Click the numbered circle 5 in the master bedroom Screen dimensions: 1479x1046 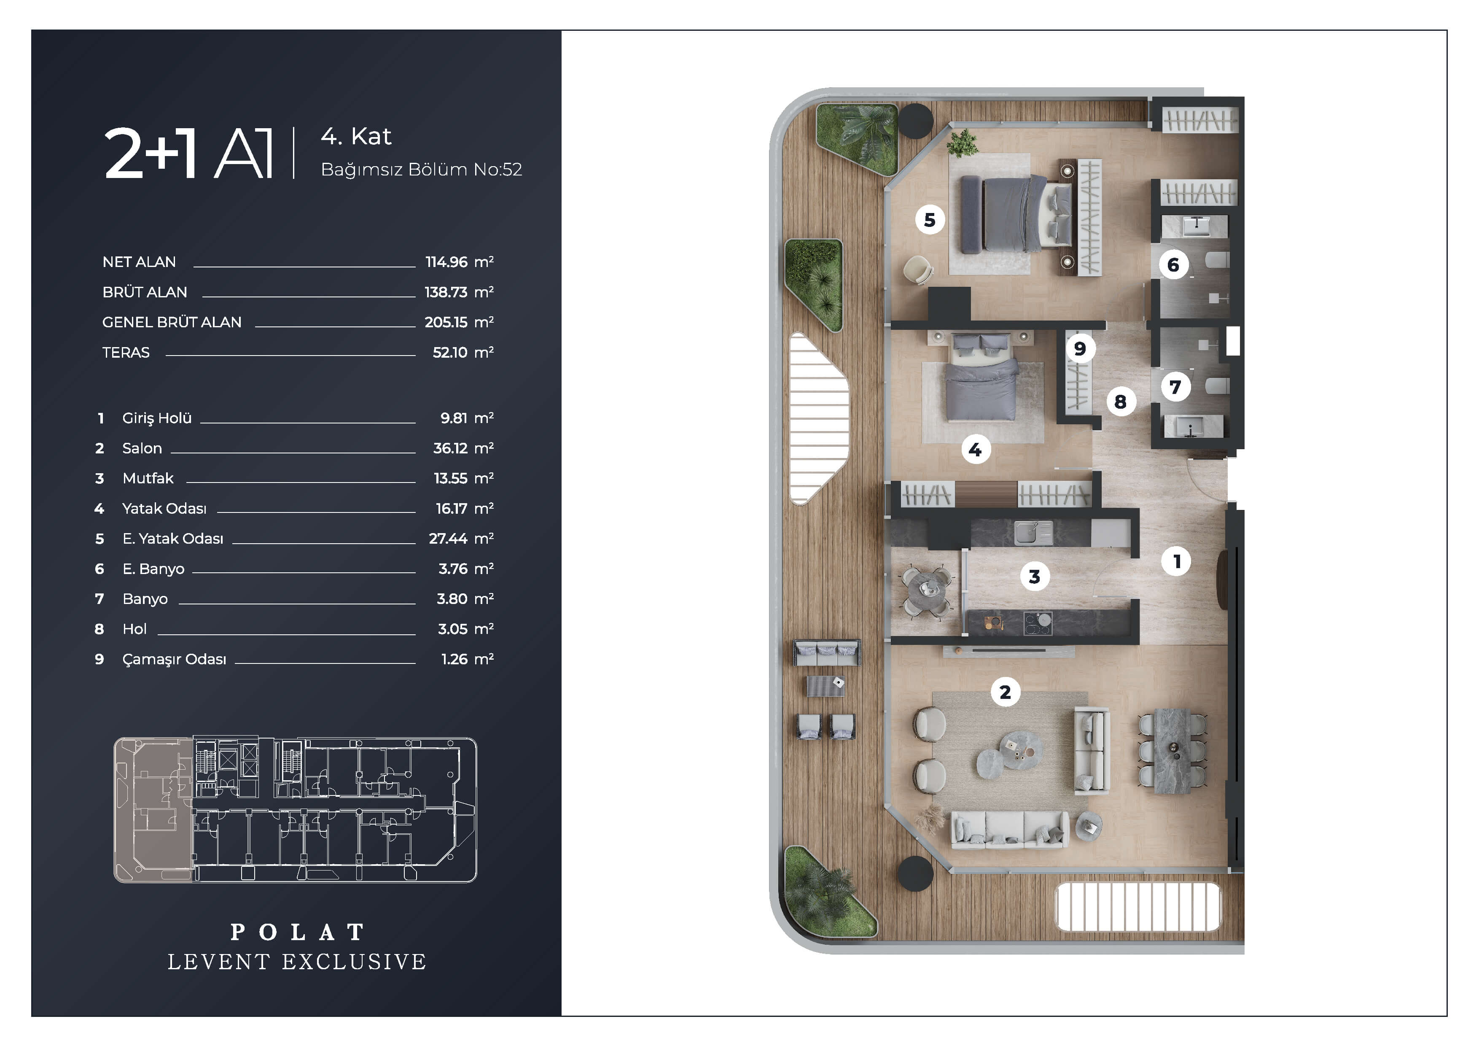[x=930, y=220]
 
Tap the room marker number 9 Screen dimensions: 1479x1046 [x=1080, y=349]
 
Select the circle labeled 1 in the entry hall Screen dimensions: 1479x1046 [x=1177, y=561]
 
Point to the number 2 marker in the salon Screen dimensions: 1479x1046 [x=1005, y=692]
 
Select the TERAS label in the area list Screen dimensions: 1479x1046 [x=126, y=353]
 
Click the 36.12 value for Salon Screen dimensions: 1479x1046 [x=450, y=448]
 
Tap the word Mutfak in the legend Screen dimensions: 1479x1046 [x=148, y=478]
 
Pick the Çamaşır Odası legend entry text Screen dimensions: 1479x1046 [x=174, y=659]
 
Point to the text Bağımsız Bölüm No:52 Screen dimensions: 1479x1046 [x=421, y=170]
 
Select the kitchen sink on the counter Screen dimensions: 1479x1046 [x=1033, y=532]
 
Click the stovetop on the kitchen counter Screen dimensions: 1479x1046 [x=1038, y=623]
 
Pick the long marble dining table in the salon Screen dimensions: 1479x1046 [x=1172, y=751]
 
